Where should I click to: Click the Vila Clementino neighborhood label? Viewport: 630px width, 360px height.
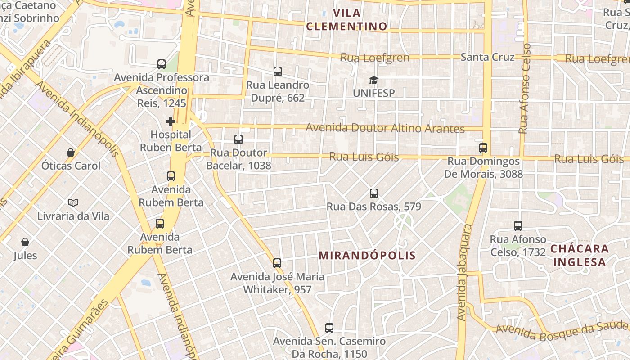(x=346, y=19)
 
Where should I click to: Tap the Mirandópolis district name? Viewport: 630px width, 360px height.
(x=367, y=256)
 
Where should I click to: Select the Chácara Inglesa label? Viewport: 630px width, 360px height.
(x=580, y=255)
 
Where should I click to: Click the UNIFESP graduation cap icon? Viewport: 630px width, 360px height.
(x=373, y=81)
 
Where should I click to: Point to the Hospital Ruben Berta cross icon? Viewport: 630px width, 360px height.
(x=171, y=121)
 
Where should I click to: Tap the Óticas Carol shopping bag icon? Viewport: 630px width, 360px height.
(x=71, y=153)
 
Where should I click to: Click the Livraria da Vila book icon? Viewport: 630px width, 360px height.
(x=73, y=203)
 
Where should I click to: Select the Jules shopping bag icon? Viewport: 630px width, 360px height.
(x=25, y=242)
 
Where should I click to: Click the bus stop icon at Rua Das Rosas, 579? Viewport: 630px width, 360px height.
(x=373, y=193)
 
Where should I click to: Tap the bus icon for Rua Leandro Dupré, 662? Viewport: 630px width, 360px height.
(x=278, y=71)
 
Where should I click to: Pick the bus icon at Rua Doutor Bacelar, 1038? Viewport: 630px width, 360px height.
(x=238, y=139)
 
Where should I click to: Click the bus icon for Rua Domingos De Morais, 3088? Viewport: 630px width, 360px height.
(x=483, y=148)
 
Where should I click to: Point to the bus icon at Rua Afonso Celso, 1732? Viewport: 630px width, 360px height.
(x=518, y=226)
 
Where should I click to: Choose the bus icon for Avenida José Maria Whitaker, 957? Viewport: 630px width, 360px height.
(x=277, y=263)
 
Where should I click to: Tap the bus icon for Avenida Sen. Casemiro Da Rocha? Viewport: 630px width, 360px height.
(x=329, y=328)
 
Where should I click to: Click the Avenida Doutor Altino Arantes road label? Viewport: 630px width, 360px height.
(x=385, y=128)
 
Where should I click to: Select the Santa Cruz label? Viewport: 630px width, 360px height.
(x=487, y=57)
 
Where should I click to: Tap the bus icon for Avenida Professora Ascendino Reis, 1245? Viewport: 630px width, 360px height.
(x=162, y=64)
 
